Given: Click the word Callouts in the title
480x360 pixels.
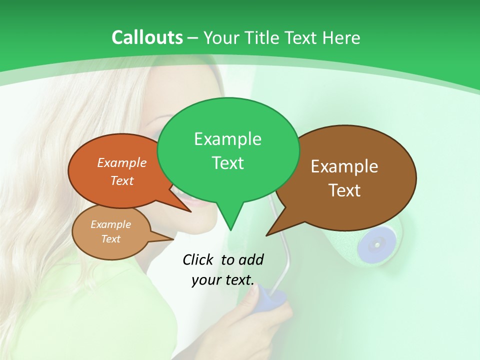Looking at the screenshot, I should click(x=147, y=37).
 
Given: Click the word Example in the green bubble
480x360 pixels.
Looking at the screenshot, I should click(x=227, y=139).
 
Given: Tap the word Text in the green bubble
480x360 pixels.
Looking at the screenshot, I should click(x=227, y=163).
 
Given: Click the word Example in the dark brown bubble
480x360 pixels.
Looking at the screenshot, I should click(x=344, y=166).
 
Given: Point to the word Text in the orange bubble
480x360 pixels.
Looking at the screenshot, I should click(x=122, y=181).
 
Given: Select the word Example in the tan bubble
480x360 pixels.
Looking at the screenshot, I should click(x=110, y=224).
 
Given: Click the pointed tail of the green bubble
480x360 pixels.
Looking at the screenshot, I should click(x=230, y=227).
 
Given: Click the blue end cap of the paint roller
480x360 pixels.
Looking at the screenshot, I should click(x=375, y=243).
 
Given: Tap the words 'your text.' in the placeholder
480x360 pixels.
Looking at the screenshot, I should click(x=223, y=280).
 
